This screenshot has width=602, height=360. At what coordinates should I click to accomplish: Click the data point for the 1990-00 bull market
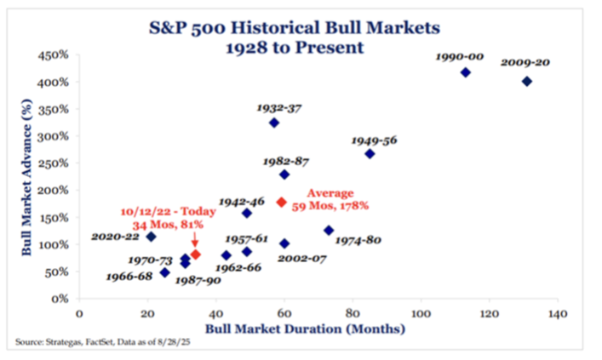tap(465, 72)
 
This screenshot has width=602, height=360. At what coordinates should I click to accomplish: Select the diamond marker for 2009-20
tap(526, 82)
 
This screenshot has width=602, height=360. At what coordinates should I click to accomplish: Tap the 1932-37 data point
tap(274, 123)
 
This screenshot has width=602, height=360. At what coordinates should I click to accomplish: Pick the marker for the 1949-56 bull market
tap(370, 154)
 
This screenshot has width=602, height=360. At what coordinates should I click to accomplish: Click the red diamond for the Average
tap(282, 202)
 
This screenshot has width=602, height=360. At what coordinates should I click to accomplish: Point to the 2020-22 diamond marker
tap(151, 237)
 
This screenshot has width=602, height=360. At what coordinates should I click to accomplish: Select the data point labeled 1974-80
tap(329, 231)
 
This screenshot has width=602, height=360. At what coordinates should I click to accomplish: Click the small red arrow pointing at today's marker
tap(195, 243)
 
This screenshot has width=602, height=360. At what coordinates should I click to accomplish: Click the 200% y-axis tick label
tap(56, 191)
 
